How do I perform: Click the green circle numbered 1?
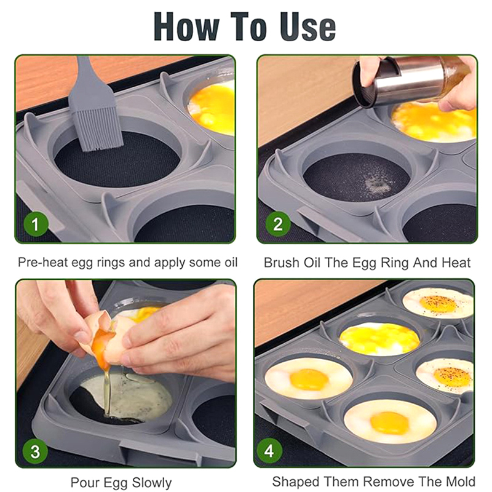(36, 224)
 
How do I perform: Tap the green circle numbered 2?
(278, 224)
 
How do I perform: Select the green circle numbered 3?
(35, 451)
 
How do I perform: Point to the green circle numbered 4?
(269, 451)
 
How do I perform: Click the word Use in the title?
(308, 26)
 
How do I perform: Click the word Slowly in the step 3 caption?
(151, 482)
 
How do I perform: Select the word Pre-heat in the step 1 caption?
(43, 263)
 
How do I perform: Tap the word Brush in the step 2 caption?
(281, 263)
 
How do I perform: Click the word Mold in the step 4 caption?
(462, 482)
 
